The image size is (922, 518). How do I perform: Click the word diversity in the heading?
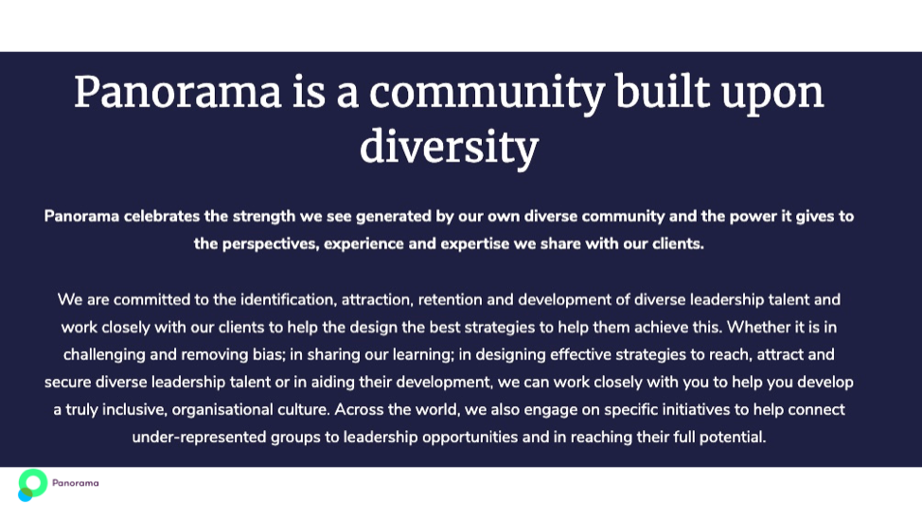[x=450, y=147]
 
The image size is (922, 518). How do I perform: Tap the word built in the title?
[x=662, y=92]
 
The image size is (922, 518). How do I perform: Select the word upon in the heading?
[x=772, y=96]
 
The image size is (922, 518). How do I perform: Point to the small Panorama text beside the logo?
[x=76, y=483]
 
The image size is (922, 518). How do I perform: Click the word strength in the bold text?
[x=264, y=217]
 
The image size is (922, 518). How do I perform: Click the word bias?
[x=269, y=354]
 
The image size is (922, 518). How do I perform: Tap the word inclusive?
[x=134, y=410]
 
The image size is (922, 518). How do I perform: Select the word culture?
[x=302, y=410]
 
